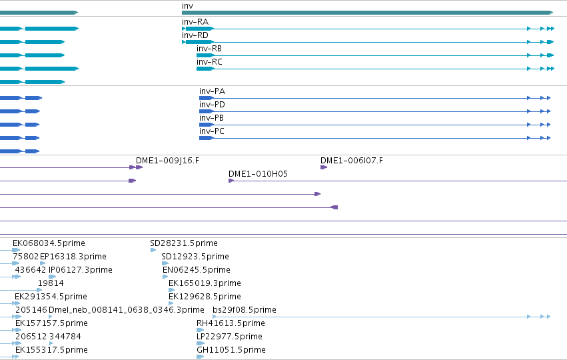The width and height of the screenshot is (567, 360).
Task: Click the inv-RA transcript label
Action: click(x=195, y=22)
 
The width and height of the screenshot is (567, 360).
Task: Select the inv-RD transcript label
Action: click(x=195, y=35)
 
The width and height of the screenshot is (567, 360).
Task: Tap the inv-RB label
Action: click(x=209, y=49)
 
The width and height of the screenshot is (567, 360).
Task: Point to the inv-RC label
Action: click(x=209, y=62)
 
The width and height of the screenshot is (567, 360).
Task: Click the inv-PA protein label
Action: click(x=213, y=91)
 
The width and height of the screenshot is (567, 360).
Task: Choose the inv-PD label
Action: click(x=213, y=105)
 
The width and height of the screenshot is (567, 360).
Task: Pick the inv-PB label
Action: click(x=211, y=118)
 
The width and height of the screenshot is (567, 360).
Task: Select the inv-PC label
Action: click(x=212, y=132)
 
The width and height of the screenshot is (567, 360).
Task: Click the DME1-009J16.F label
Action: click(x=167, y=161)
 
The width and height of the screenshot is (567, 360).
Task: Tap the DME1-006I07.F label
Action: click(x=352, y=161)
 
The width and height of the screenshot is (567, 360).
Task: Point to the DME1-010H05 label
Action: click(x=259, y=174)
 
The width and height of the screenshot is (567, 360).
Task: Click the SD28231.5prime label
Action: click(x=184, y=243)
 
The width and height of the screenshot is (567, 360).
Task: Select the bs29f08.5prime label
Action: click(x=245, y=310)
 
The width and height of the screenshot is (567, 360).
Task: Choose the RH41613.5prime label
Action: click(x=231, y=323)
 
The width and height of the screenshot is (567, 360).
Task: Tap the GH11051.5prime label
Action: click(x=231, y=350)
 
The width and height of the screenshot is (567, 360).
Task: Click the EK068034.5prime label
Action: click(x=49, y=243)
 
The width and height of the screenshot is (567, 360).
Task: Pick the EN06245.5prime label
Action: click(x=197, y=270)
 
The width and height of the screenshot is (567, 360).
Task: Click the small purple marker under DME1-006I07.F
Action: click(x=324, y=167)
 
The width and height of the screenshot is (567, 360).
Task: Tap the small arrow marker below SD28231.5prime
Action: click(x=153, y=250)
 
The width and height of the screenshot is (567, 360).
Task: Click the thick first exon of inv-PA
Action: click(x=207, y=98)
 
